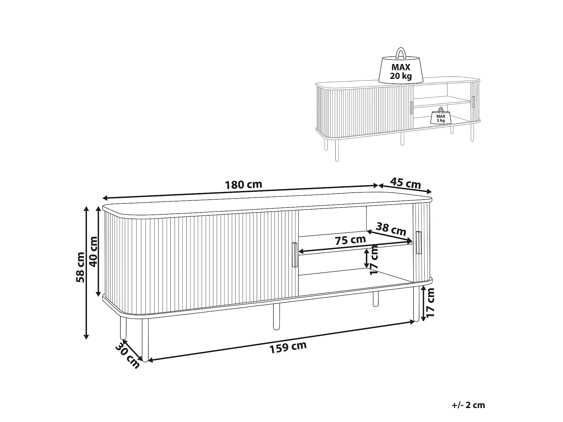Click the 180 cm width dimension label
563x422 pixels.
tap(244, 185)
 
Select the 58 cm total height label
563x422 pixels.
tap(80, 267)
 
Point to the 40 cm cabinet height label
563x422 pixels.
tap(93, 252)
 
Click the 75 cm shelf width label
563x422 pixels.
tap(350, 240)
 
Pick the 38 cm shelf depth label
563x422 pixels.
tap(391, 229)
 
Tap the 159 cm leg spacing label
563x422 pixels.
tap(288, 347)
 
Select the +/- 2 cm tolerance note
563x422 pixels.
tap(468, 405)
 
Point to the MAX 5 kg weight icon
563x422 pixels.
tap(441, 116)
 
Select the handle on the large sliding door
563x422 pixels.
tap(294, 255)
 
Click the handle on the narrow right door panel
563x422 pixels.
tap(418, 243)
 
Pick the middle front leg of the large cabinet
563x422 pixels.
tap(276, 316)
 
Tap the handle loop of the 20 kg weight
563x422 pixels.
tap(401, 53)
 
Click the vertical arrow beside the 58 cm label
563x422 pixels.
tap(86, 273)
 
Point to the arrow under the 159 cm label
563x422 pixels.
tap(281, 341)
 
